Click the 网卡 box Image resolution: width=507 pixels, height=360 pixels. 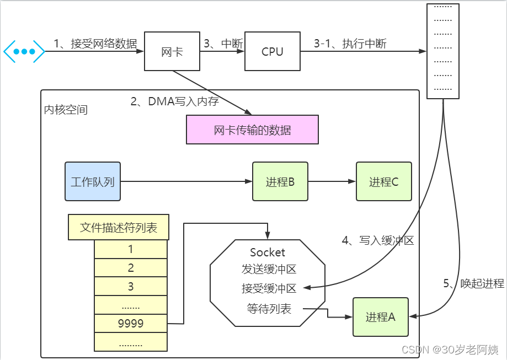coord(172,52)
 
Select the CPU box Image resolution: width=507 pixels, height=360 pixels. coord(272,52)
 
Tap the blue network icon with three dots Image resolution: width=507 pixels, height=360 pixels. coord(24,51)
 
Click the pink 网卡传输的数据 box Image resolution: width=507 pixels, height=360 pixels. coord(252,130)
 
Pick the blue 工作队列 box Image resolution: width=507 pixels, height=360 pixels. coord(93,181)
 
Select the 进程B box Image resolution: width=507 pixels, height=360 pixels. coord(280,181)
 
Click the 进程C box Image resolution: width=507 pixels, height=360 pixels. coord(383,181)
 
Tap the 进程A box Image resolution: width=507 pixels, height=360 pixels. coord(381,317)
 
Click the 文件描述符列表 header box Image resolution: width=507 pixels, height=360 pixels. coord(119,227)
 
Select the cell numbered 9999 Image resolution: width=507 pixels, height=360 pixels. coord(131,324)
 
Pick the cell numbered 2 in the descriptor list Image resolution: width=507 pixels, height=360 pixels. coord(131,268)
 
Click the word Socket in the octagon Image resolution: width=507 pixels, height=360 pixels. coord(268,252)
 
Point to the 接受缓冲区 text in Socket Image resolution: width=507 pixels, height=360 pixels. coord(269,288)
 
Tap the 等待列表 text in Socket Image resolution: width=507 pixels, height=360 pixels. coord(269,309)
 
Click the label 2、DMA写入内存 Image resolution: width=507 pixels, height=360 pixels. coord(174,101)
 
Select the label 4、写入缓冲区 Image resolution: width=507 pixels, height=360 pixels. coord(378,240)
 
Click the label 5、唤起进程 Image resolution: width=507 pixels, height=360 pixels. coord(474,284)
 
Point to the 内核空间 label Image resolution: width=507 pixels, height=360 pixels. coord(66,110)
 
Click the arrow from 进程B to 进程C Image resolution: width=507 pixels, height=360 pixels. coord(332,181)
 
